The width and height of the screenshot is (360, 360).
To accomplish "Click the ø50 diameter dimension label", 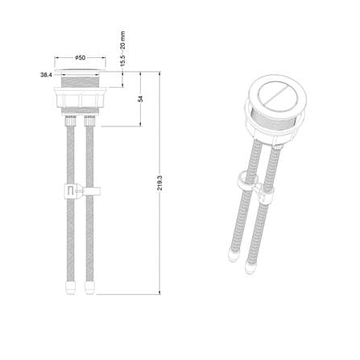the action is (80, 58).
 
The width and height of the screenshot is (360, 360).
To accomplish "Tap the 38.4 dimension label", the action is (46, 75).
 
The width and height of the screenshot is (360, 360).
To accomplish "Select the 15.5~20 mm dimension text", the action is (122, 49).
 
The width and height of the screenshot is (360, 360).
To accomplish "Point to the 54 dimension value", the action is (140, 99).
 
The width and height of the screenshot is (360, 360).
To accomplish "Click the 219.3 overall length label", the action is (159, 183).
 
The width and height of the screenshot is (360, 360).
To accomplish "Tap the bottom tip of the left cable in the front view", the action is (70, 293).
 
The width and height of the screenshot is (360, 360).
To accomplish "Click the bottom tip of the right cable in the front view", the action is (89, 293).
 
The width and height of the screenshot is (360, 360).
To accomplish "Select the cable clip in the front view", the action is (82, 191).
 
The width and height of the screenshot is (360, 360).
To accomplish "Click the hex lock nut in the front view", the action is (81, 97).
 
